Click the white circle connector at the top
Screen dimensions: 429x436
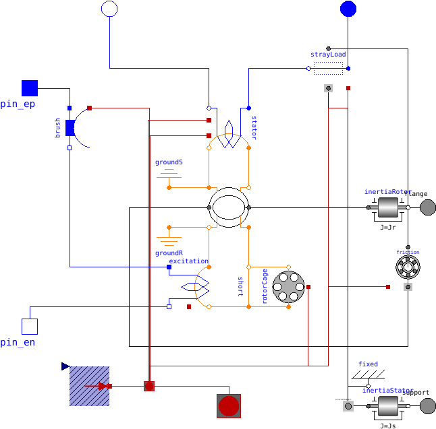[109, 9]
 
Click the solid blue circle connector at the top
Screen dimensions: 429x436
[348, 9]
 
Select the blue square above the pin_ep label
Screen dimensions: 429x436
[30, 88]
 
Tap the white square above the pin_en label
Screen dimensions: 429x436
[30, 327]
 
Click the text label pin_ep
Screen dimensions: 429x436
[18, 104]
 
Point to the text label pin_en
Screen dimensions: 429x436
[18, 343]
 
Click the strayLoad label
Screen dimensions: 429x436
[328, 54]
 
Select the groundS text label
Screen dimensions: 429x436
[169, 162]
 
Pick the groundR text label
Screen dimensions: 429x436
[169, 253]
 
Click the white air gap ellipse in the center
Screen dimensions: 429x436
[229, 207]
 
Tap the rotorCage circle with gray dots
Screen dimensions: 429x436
[289, 287]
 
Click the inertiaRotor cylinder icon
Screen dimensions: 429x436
[389, 207]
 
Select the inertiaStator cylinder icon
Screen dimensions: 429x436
[389, 406]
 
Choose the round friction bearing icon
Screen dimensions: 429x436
[408, 267]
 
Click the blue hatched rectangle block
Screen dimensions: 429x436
[89, 386]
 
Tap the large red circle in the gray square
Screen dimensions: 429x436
[229, 406]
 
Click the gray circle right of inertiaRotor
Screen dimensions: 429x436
[428, 207]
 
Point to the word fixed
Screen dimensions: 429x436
[368, 364]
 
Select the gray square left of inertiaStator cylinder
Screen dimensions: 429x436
[348, 406]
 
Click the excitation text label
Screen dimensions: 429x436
[188, 261]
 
